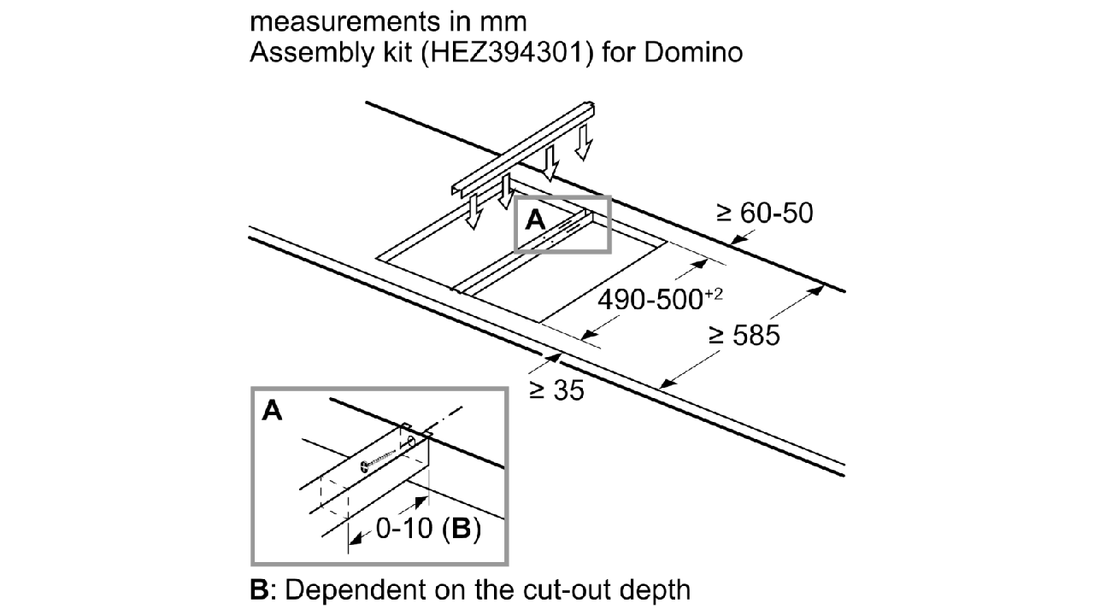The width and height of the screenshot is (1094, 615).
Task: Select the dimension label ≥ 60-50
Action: [764, 214]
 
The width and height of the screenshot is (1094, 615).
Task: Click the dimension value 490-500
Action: [648, 301]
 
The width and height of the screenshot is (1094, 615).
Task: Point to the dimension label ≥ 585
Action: [744, 336]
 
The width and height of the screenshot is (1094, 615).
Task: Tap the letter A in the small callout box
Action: [534, 220]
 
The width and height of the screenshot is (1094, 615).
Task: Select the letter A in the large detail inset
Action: [272, 413]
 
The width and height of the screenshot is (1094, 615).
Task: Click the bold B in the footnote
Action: [258, 589]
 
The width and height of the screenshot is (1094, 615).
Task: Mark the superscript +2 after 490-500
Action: [715, 294]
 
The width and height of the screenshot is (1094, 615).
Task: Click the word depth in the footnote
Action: [655, 589]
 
